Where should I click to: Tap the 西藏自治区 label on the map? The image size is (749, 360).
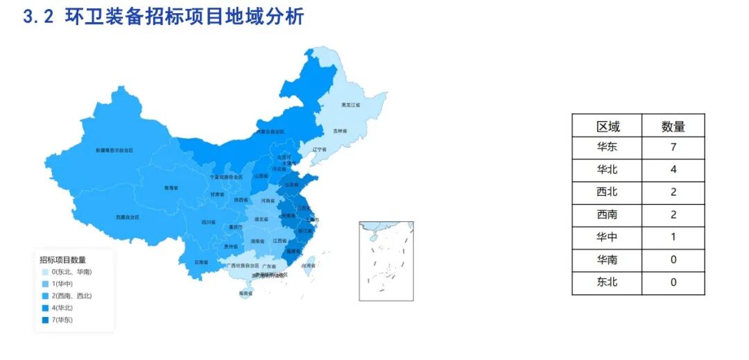(127, 217)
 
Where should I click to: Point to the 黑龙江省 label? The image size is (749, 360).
(351, 105)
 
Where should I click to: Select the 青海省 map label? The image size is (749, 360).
(171, 188)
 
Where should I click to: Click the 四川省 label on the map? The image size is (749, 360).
(209, 222)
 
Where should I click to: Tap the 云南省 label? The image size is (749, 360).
(201, 262)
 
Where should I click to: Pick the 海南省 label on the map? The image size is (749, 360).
(246, 293)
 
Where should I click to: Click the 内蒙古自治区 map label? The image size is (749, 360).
(270, 131)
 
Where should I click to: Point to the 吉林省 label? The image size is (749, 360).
(340, 130)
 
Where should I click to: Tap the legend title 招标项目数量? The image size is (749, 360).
(62, 259)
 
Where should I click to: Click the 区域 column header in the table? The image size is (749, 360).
(608, 126)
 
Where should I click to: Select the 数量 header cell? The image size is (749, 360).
(673, 126)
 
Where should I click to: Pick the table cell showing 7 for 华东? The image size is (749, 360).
(673, 148)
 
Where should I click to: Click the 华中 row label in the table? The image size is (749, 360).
(608, 237)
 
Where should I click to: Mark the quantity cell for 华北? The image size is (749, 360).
(673, 170)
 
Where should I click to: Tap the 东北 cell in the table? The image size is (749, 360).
(608, 282)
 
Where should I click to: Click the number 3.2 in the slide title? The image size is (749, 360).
(38, 17)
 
